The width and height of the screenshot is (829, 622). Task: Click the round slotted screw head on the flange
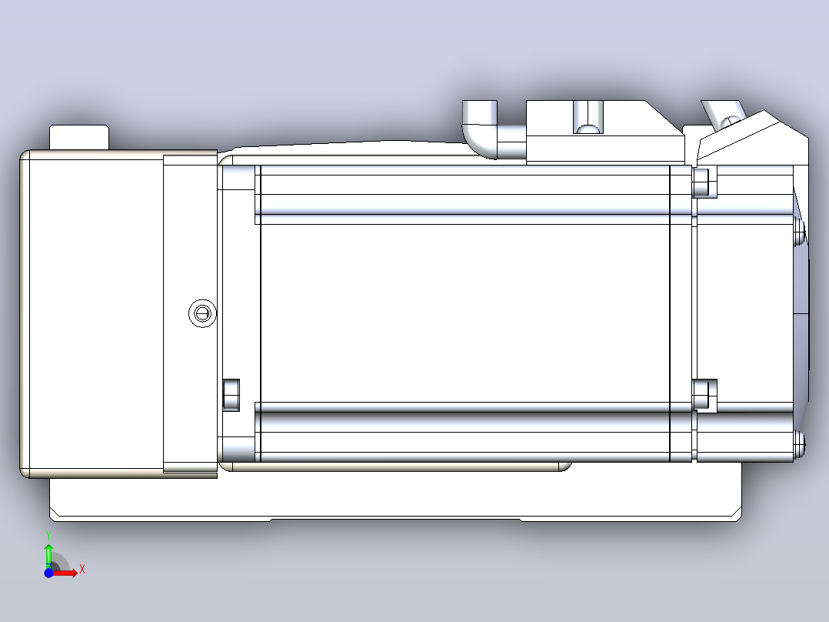pos(202,313)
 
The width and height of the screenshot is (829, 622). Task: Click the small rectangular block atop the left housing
pos(79,138)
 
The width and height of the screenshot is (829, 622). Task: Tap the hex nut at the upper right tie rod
pos(704,182)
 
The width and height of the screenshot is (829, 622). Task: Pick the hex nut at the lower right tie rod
pos(704,395)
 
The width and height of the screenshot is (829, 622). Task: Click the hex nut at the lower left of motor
pos(231,395)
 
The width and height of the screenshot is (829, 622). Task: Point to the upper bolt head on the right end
pos(799,232)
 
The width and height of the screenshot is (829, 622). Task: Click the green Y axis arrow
pos(48,554)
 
